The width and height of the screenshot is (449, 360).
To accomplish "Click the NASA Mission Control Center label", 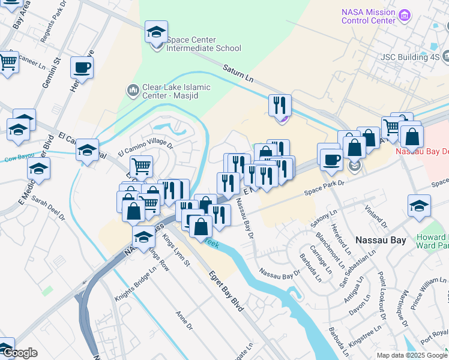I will point(367,16).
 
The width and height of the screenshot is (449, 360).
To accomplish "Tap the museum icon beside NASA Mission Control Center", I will point(405,14).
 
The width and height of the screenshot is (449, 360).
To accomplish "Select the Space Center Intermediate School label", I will point(203,44).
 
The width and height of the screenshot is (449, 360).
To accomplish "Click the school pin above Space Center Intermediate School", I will point(157,32).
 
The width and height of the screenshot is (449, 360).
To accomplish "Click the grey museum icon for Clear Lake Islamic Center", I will point(133,91).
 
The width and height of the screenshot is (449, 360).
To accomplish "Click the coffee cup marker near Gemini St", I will point(82,68).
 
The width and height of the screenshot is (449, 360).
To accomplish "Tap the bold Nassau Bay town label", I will point(381,239).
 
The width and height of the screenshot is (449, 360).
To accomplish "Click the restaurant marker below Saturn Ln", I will point(280,106).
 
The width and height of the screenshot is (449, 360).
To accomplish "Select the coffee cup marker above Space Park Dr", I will point(330,159).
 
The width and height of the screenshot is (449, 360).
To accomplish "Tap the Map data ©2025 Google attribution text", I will point(412,355).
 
